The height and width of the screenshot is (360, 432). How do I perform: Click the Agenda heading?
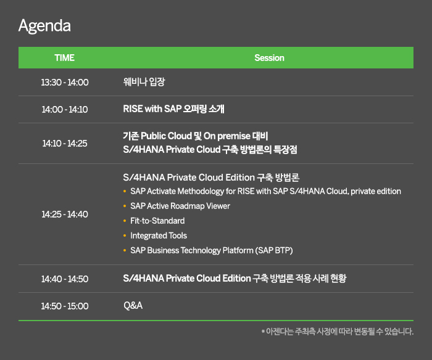coord(44,26)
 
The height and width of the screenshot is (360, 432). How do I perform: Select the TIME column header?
coord(64,58)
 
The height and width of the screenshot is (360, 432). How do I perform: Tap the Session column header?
coord(269,58)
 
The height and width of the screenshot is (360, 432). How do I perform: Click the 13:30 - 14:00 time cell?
coord(65,82)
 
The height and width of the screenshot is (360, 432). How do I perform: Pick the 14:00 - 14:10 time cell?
coord(65,109)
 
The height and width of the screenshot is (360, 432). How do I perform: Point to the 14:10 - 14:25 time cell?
coord(65,143)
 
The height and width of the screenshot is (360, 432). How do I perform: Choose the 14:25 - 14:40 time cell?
coord(65,214)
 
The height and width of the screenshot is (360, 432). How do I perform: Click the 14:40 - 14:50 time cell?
coord(65,279)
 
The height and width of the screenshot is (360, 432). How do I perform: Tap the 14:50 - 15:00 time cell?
coord(65,306)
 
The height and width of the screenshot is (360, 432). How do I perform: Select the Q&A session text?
coord(133,306)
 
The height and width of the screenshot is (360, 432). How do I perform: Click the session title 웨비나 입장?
coord(144,82)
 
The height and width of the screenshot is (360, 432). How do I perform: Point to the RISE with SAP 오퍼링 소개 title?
coord(173,108)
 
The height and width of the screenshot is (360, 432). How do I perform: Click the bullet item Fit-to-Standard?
coord(157,221)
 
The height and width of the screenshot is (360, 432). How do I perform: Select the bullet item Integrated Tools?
coord(159,235)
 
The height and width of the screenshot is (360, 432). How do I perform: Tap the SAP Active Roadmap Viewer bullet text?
coord(180,206)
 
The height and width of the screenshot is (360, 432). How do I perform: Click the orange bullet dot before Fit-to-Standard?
coord(125,221)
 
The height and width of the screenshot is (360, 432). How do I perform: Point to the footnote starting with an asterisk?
coord(338,332)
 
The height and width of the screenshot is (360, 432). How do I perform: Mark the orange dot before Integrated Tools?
coord(125,235)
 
